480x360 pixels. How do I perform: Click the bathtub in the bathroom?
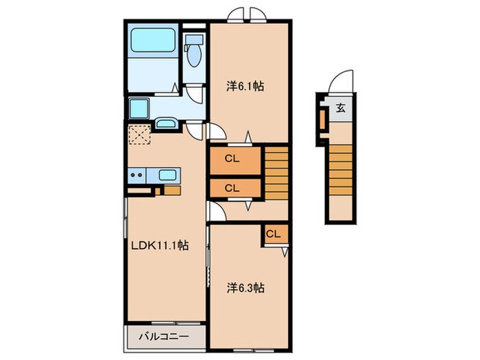point(151,40)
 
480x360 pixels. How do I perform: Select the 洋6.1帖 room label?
point(245,86)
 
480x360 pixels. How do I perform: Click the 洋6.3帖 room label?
point(245,288)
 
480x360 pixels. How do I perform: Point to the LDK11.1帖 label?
point(160,245)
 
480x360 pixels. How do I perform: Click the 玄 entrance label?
point(341,108)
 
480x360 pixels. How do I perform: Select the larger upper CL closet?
point(235,160)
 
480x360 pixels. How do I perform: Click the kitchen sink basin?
point(167,175)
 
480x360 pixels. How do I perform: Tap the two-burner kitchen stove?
point(137,175)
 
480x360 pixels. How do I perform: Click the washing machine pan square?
point(139,108)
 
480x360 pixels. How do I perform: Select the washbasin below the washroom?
point(165,124)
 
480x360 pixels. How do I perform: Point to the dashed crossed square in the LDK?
point(139,134)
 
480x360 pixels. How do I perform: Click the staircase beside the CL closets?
point(276,173)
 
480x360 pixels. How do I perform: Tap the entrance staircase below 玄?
point(340,170)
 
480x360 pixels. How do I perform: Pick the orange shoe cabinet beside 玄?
point(322,119)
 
